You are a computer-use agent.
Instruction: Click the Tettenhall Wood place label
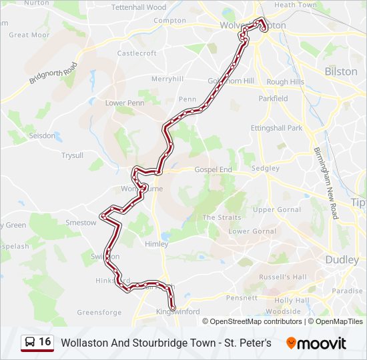(x=139, y=7)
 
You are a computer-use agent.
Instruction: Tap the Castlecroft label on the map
(x=137, y=53)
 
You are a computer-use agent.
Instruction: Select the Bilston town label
(x=340, y=71)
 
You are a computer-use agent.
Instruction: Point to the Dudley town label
(x=342, y=260)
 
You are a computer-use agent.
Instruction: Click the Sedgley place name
(x=265, y=169)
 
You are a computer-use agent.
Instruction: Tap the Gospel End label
(x=213, y=170)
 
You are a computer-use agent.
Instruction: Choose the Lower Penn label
(x=125, y=103)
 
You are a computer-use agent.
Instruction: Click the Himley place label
(x=157, y=245)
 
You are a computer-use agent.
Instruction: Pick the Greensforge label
(x=99, y=312)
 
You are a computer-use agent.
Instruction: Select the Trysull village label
(x=72, y=155)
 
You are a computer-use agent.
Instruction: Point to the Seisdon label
(x=42, y=135)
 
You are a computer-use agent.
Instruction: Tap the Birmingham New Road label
(x=324, y=182)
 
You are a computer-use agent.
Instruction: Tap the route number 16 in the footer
(x=45, y=342)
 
